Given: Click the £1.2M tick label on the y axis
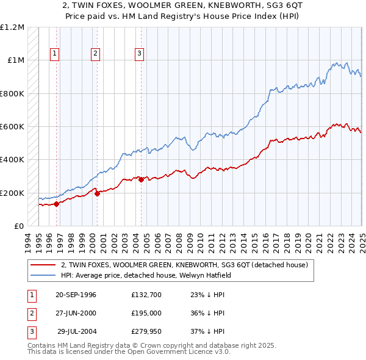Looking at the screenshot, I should pos(12,27).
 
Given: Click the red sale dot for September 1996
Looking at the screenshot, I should pos(56,204).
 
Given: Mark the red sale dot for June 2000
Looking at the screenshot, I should pos(97,194).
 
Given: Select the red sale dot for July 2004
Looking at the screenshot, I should pos(141,179).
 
